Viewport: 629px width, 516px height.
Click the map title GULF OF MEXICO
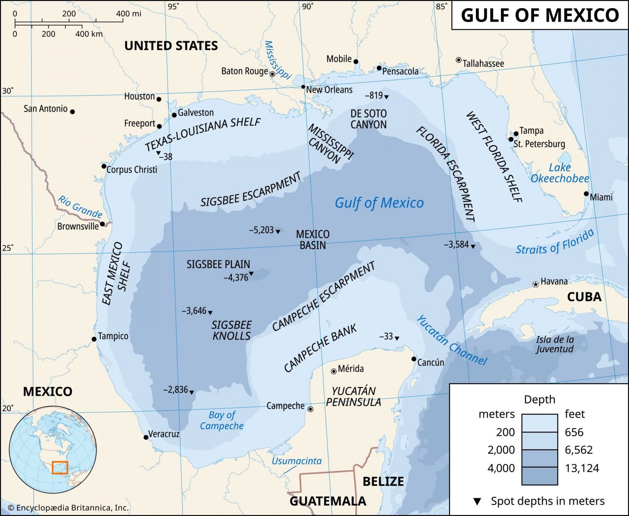540,16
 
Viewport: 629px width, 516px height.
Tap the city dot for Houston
159,99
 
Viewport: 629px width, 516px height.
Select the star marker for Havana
535,284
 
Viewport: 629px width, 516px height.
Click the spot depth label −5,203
261,230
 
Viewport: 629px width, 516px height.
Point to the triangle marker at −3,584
473,247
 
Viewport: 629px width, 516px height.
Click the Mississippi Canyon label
330,145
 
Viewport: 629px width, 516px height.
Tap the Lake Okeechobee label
559,173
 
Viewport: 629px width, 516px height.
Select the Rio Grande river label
80,207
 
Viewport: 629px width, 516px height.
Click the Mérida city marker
334,371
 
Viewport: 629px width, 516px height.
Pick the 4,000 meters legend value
501,468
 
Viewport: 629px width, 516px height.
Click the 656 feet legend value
574,432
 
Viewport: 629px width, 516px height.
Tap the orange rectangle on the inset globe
60,467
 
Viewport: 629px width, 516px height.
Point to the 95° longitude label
173,6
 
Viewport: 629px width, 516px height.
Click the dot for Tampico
94,339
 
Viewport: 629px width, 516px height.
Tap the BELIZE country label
383,481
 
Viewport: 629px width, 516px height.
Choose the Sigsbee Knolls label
231,330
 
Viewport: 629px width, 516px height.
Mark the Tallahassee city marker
459,60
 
